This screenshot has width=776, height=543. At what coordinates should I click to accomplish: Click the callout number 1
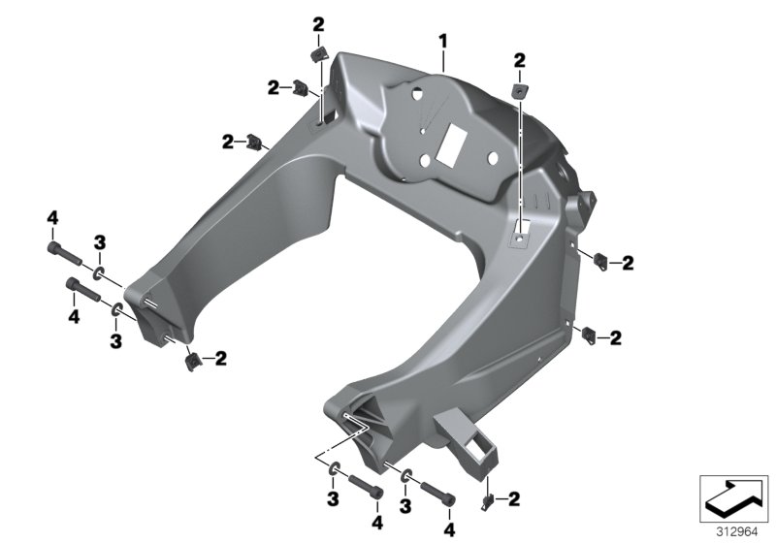tap(442, 42)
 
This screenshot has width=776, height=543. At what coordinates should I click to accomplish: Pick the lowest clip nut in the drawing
tap(488, 501)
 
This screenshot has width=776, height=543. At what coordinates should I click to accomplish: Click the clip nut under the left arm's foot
tap(192, 362)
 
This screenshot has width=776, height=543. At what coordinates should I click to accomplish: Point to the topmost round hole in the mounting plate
tap(415, 96)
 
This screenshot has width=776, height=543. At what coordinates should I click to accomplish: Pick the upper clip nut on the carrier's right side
tap(599, 260)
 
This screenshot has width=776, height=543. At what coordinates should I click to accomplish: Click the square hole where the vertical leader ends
tap(521, 235)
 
